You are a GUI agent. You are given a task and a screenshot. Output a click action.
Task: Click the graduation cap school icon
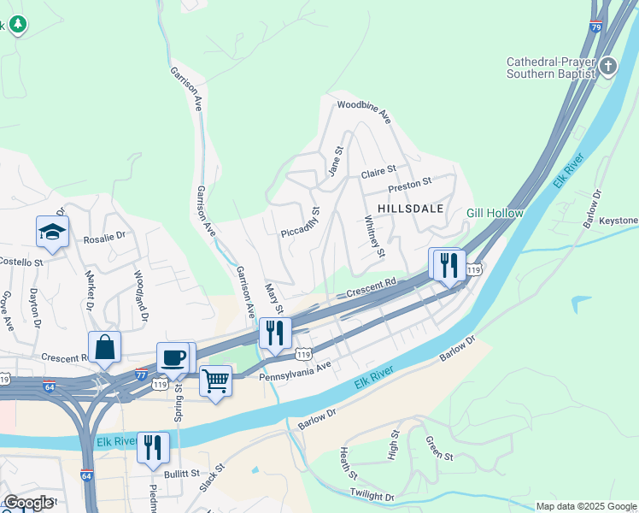coord(52,232)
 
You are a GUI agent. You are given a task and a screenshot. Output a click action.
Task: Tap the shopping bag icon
coord(104,347)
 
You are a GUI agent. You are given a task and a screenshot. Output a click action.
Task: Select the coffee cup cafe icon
coord(173,357)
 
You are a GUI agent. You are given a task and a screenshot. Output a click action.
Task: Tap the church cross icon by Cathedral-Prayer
coord(608,67)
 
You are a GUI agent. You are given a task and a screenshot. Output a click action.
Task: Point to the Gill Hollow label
coord(494,212)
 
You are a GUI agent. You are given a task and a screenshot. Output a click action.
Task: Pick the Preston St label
coord(410,182)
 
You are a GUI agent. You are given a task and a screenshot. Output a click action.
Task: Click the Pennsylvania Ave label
coord(294,369)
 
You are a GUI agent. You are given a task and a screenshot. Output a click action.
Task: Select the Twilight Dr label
coord(372,495)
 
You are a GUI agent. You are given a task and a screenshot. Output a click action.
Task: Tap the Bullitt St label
coord(183,472)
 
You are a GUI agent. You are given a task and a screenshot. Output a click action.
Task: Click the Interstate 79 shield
coord(595,27)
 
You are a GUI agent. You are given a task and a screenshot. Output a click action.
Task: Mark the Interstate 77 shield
coord(141,374)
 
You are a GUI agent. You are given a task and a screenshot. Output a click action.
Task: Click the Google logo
coord(28,503)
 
